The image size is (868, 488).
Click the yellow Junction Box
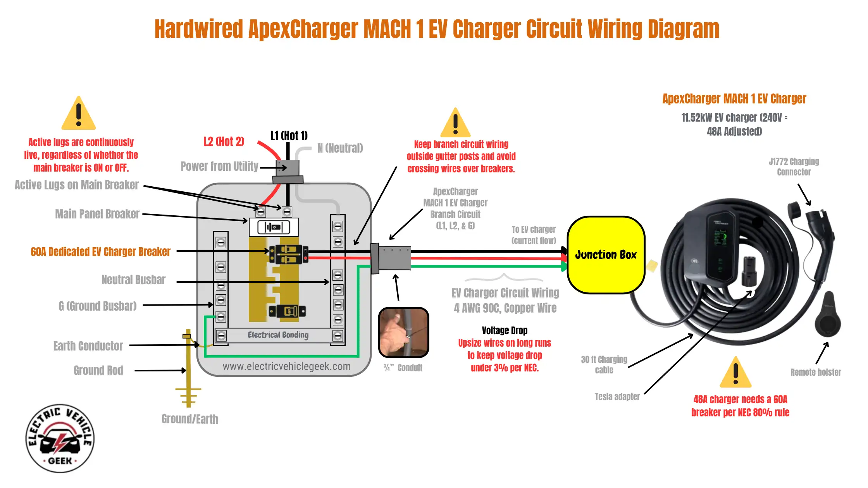pyautogui.click(x=606, y=255)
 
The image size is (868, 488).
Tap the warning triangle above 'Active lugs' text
pyautogui.click(x=79, y=113)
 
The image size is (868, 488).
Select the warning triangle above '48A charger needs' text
pyautogui.click(x=735, y=373)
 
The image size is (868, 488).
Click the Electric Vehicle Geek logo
pyautogui.click(x=60, y=438)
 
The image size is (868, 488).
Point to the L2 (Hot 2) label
pyautogui.click(x=224, y=142)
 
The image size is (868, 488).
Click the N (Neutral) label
pyautogui.click(x=340, y=148)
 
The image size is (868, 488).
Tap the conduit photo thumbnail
pyautogui.click(x=403, y=332)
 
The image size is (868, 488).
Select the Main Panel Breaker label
pyautogui.click(x=97, y=214)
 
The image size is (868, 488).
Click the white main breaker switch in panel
pyautogui.click(x=274, y=227)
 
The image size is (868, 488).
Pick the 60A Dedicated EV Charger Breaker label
pyautogui.click(x=100, y=252)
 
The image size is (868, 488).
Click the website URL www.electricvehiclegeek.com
pyautogui.click(x=287, y=366)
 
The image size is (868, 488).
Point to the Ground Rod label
pyautogui.click(x=98, y=371)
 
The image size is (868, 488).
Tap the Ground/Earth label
pyautogui.click(x=190, y=419)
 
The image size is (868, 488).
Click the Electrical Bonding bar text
pyautogui.click(x=278, y=335)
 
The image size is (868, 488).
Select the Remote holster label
pyautogui.click(x=816, y=372)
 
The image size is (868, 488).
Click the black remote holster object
pyautogui.click(x=828, y=314)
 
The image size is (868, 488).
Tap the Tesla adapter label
pyautogui.click(x=617, y=397)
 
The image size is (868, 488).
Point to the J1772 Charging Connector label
pyautogui.click(x=794, y=167)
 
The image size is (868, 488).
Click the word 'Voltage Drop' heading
pyautogui.click(x=505, y=330)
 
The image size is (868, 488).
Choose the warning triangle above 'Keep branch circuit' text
pyautogui.click(x=456, y=123)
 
